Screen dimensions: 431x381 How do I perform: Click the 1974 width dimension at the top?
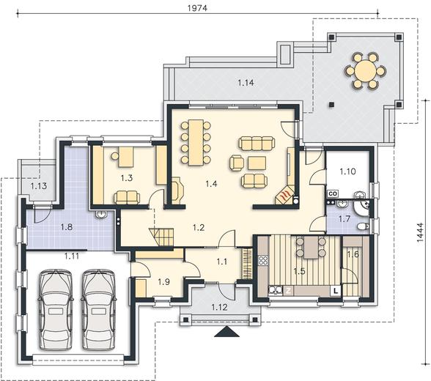(197, 8)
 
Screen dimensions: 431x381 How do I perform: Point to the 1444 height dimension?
(420, 232)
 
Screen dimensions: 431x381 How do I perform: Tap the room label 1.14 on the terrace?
(246, 82)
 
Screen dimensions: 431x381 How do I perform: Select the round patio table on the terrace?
(365, 70)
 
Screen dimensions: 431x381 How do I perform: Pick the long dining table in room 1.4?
(196, 142)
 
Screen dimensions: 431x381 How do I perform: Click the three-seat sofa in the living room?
(257, 144)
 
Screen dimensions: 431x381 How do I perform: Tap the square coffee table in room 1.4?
(257, 163)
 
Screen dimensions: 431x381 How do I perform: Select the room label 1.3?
(126, 178)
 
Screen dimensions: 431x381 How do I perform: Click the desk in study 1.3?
(126, 157)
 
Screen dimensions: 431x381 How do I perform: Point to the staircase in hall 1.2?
(161, 237)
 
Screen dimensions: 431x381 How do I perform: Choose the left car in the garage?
(56, 310)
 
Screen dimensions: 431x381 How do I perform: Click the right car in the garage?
(98, 310)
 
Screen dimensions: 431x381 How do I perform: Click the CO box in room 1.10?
(333, 193)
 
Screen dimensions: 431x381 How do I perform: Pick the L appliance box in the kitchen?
(336, 291)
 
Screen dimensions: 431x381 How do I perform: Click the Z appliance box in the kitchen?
(288, 291)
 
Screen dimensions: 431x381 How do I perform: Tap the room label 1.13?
(38, 186)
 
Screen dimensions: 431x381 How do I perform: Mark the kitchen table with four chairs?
(311, 248)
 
